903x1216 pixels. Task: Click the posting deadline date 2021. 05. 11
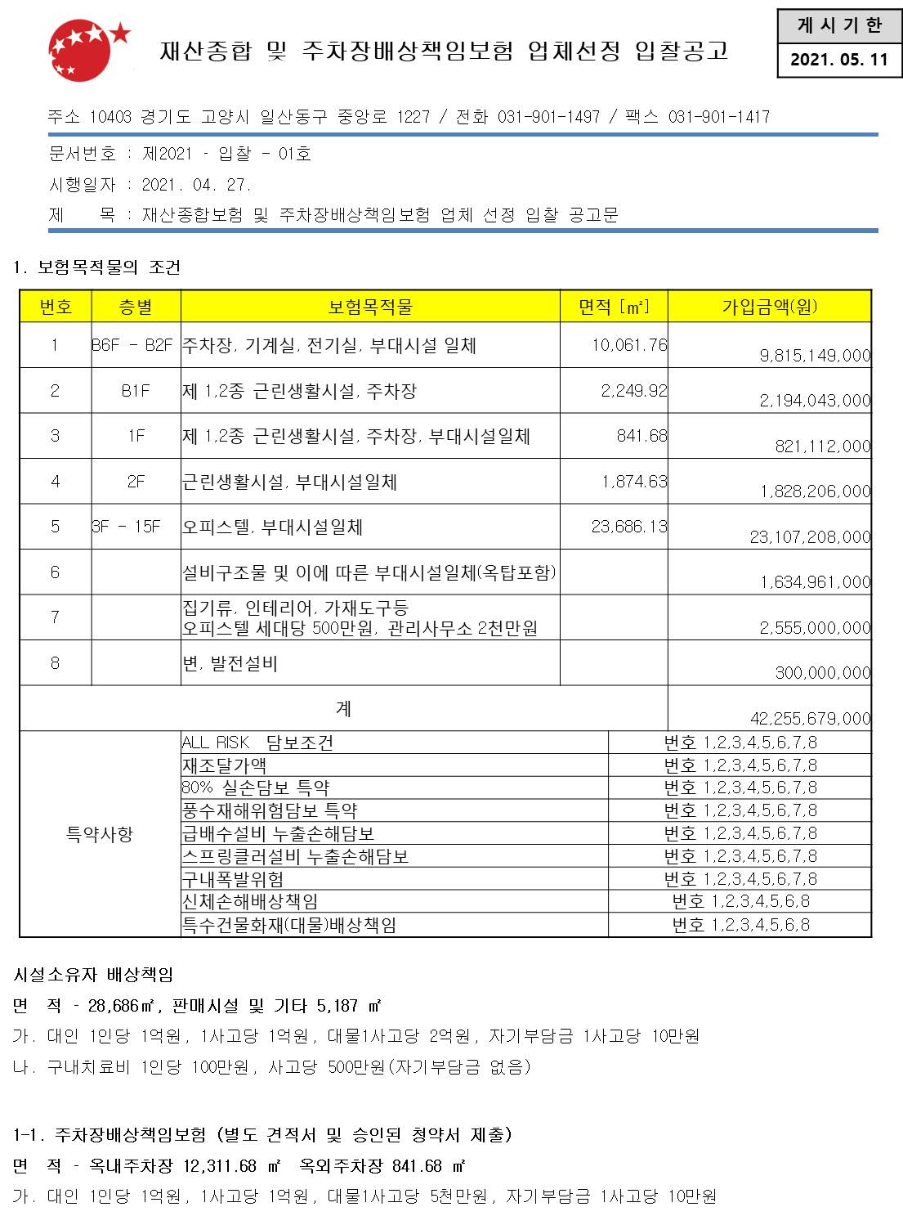[x=838, y=60]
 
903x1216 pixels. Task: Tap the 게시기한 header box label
[x=838, y=26]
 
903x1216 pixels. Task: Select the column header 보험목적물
[x=369, y=307]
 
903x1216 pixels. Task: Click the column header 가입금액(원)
[x=769, y=307]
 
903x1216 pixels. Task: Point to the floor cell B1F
[x=136, y=391]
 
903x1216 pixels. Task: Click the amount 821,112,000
[x=822, y=446]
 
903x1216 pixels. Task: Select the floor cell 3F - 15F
[x=127, y=527]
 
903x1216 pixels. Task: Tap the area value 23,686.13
[x=629, y=527]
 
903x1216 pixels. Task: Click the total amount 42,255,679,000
[x=810, y=719]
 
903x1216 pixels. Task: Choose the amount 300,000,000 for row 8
[x=822, y=673]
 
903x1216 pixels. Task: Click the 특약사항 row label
[x=100, y=834]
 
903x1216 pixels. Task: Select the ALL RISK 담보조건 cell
[x=257, y=743]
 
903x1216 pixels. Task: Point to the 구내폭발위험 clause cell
[x=233, y=879]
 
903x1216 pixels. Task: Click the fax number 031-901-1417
[x=719, y=117]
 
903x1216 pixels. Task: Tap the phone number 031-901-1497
[x=548, y=117]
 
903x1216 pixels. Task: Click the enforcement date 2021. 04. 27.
[x=196, y=185]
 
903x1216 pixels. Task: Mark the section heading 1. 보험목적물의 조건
[x=97, y=267]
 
